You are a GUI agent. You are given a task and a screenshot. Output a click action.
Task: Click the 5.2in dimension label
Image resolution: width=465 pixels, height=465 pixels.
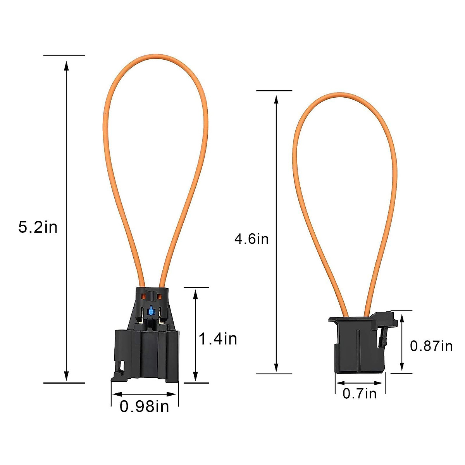click(38, 227)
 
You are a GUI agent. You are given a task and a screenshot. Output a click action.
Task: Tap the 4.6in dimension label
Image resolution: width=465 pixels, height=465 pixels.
click(251, 239)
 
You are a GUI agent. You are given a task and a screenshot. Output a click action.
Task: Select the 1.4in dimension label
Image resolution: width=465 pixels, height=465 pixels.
click(218, 339)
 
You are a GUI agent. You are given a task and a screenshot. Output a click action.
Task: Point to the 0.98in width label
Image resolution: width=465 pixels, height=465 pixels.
click(145, 407)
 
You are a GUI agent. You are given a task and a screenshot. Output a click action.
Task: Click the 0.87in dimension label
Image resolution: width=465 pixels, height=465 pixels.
click(431, 346)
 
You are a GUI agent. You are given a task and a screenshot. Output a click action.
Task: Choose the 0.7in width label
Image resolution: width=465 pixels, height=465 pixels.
click(360, 394)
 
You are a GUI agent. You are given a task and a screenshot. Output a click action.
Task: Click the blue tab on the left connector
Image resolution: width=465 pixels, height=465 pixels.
click(151, 310)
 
